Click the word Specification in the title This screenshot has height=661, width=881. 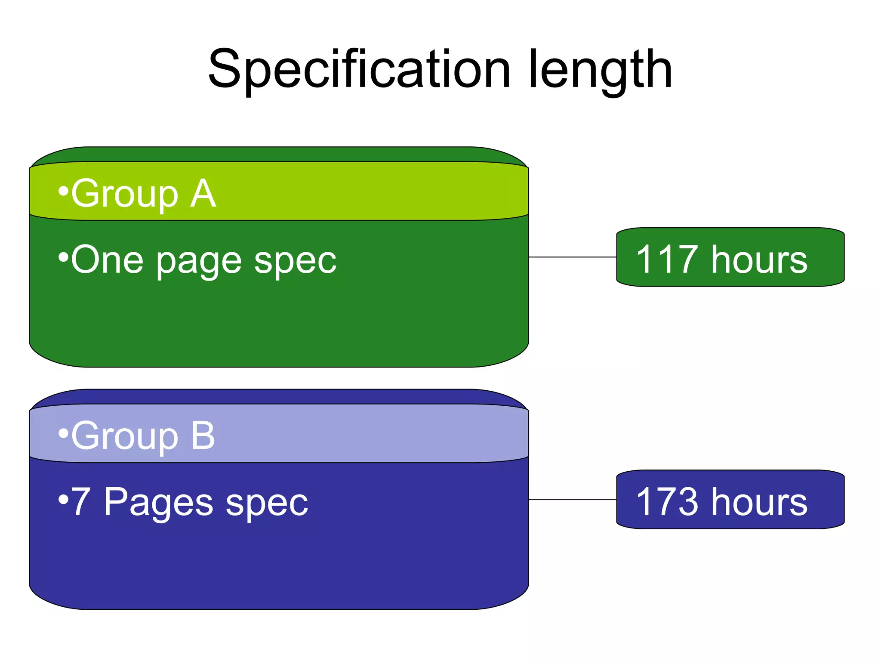359,70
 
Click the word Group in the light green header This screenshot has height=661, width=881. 125,195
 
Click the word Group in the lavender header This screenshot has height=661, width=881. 125,437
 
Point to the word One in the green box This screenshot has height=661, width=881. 107,259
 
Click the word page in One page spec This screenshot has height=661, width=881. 199,263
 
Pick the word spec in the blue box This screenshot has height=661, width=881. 267,504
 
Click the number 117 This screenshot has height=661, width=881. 667,259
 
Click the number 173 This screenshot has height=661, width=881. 667,502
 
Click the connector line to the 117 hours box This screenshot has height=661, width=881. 572,257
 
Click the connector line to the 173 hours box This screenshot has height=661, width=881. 572,499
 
